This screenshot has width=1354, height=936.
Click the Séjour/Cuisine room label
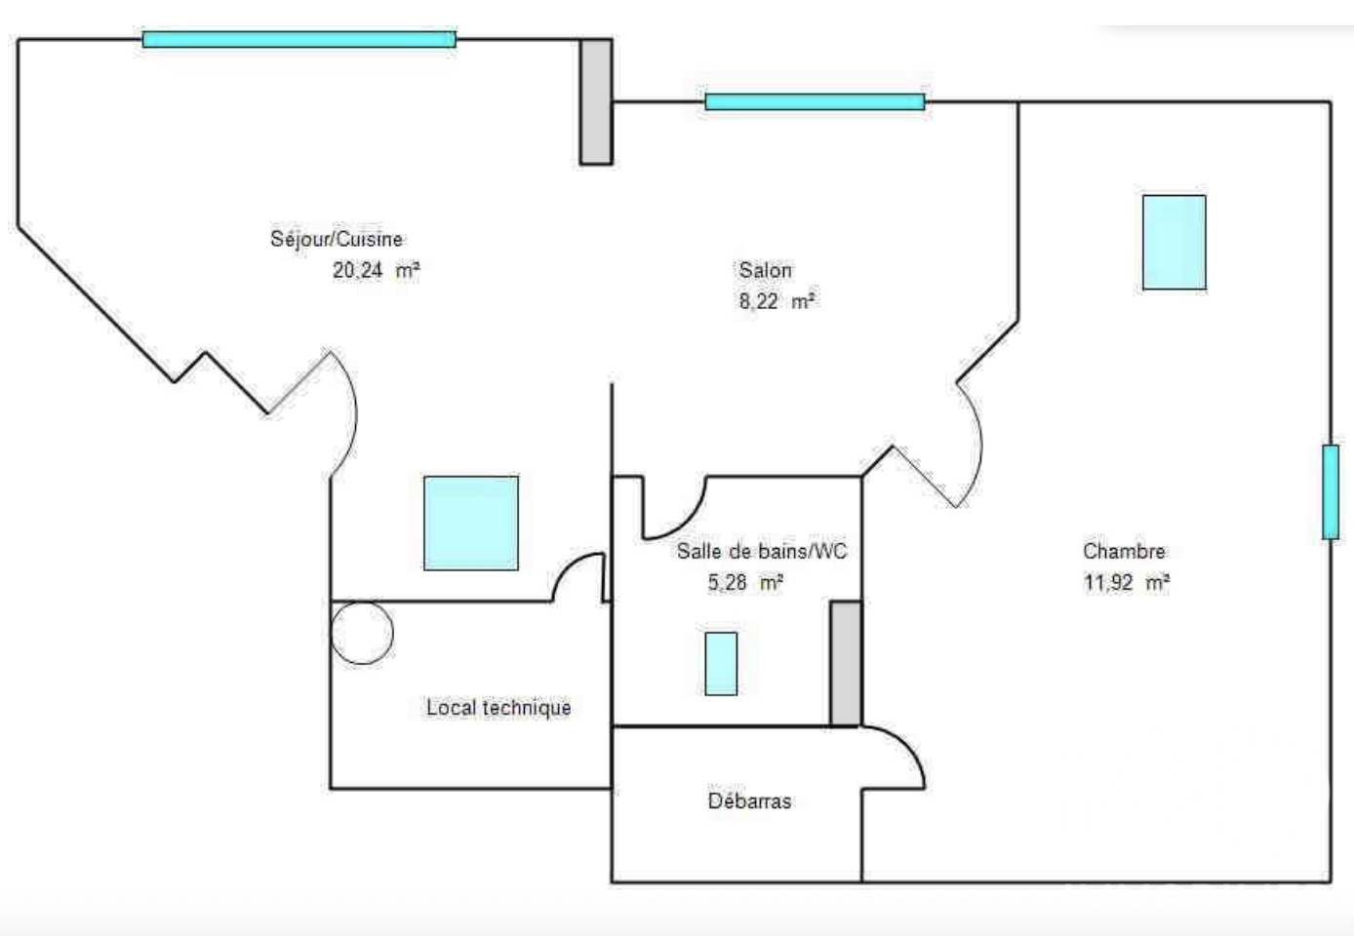(x=337, y=239)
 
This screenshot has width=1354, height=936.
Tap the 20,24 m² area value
(x=376, y=270)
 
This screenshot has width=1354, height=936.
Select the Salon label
(x=765, y=270)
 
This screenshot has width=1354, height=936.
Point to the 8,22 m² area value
(x=777, y=301)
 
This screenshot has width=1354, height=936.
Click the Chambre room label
(x=1124, y=551)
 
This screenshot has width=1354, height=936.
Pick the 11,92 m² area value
(x=1126, y=582)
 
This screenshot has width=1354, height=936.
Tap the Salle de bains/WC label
(x=762, y=551)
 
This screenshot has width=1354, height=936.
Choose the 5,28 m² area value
(x=745, y=582)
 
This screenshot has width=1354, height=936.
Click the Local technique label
(x=498, y=708)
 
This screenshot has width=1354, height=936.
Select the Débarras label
(x=749, y=801)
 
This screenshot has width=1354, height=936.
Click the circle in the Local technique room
(x=362, y=604)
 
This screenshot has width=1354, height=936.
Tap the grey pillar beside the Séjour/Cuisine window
(x=596, y=101)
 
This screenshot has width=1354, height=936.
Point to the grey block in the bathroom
(x=846, y=663)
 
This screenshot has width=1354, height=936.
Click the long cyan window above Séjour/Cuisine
(x=299, y=39)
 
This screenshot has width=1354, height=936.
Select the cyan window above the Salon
(x=815, y=101)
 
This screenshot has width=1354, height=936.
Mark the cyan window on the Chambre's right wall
(x=1331, y=491)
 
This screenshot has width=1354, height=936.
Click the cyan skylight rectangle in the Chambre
(x=1174, y=243)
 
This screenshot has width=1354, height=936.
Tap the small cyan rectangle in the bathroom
(x=721, y=663)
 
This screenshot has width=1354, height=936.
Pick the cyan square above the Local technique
(x=471, y=524)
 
